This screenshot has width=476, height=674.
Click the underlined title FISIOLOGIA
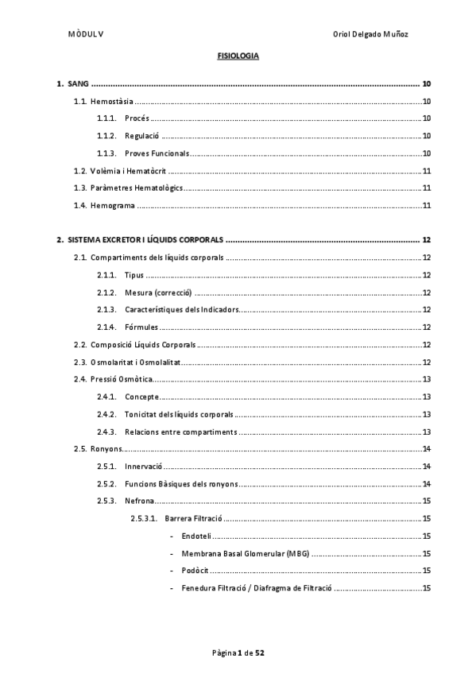[238, 56]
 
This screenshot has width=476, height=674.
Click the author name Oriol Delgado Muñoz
[371, 34]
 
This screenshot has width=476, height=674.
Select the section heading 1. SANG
[73, 83]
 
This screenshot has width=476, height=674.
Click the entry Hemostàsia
[112, 102]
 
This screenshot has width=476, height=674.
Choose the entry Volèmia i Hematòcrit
[127, 171]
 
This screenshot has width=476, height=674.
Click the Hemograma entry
[113, 206]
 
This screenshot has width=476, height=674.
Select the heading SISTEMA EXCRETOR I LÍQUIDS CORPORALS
[145, 240]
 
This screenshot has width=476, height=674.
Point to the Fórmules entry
[141, 327]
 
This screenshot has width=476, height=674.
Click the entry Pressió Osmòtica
[122, 379]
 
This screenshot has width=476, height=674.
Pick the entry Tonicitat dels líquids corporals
[179, 414]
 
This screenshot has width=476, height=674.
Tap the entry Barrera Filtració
[193, 518]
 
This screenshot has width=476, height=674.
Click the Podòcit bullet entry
[195, 571]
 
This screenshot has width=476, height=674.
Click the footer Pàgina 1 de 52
[238, 653]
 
